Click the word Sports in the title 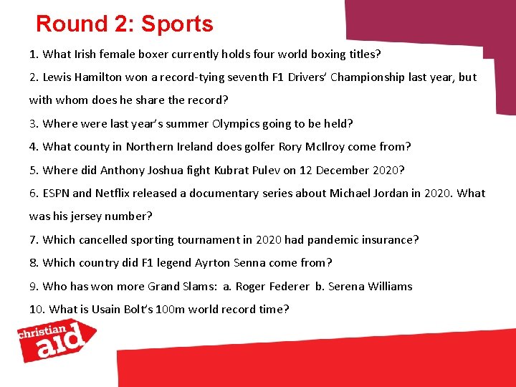pos(177,24)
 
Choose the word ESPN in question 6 pos(57,193)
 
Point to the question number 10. pos(37,309)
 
